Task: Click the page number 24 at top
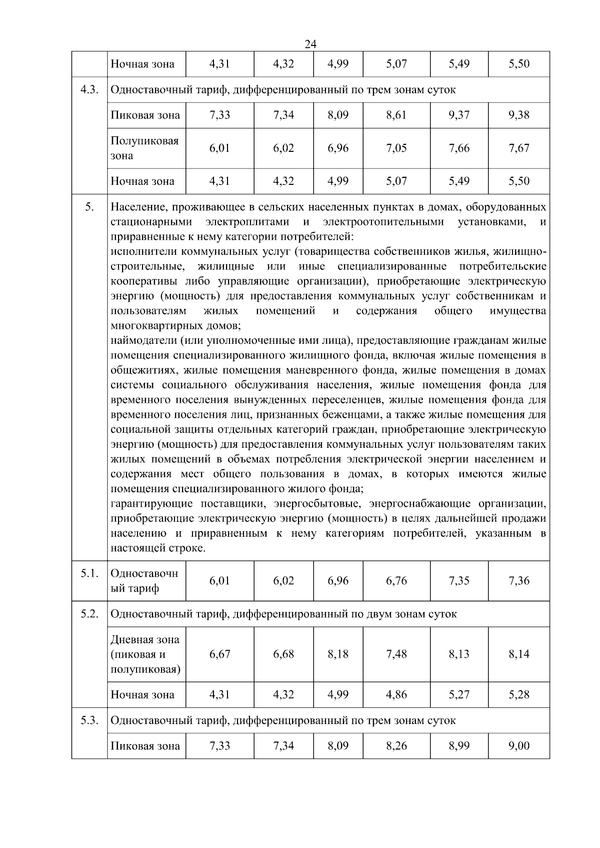point(310,44)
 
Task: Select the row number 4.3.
point(89,90)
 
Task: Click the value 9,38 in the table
point(518,115)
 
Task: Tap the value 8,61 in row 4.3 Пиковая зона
point(396,115)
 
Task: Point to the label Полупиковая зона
point(144,148)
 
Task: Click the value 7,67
point(518,148)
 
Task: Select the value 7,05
point(396,148)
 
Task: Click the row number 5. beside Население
point(89,207)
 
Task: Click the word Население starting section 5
point(137,207)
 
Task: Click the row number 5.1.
point(89,573)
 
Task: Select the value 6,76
point(396,581)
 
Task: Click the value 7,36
point(518,581)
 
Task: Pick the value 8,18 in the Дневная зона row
point(338,654)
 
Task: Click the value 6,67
point(219,654)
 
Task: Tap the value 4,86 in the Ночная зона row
point(396,695)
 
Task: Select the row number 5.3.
point(89,721)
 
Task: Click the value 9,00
point(518,746)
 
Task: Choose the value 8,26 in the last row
point(396,746)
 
